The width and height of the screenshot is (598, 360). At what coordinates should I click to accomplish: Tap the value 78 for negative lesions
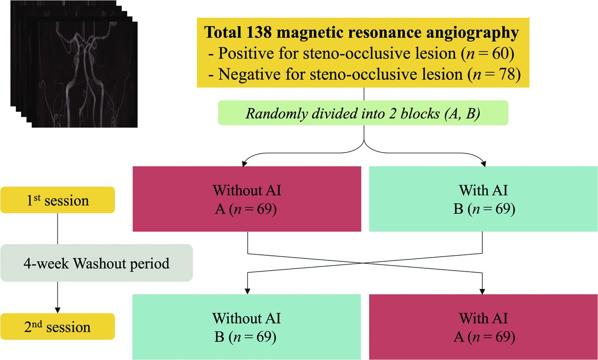click(x=509, y=74)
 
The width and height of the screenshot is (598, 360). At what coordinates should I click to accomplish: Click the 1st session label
click(x=57, y=200)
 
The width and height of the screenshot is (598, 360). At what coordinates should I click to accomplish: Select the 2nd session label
click(x=57, y=326)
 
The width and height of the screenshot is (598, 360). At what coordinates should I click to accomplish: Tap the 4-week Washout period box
click(x=96, y=263)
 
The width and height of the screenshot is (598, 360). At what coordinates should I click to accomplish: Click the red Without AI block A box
click(x=247, y=199)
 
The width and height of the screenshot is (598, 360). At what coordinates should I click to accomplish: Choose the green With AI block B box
click(x=483, y=199)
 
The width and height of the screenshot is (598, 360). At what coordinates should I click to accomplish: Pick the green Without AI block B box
click(x=247, y=326)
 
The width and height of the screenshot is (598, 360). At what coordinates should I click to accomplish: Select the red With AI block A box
click(x=483, y=326)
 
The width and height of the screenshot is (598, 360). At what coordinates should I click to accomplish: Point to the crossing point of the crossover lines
click(x=364, y=263)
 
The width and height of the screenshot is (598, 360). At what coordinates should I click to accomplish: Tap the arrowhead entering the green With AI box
click(x=483, y=163)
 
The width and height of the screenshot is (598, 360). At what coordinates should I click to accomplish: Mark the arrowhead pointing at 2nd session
click(x=57, y=310)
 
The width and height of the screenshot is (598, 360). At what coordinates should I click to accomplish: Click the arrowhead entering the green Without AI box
click(x=247, y=290)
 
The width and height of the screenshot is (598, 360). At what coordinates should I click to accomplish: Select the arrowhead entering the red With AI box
click(x=483, y=290)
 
